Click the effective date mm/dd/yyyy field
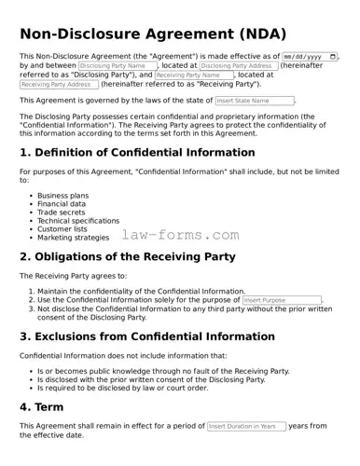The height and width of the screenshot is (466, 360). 303,57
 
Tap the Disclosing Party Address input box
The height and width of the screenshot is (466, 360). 238,66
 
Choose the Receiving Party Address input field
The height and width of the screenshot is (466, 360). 59,85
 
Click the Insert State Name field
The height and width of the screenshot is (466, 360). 254,101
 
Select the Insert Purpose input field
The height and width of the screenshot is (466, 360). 282,300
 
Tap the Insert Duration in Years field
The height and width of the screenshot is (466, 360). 246,426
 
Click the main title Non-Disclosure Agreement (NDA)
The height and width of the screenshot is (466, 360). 148,34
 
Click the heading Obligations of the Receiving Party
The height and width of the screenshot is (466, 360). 130,256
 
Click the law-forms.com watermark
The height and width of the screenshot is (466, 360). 180,236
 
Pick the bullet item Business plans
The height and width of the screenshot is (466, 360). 62,196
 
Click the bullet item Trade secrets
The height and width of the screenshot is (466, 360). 61,212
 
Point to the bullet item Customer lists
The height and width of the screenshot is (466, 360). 62,229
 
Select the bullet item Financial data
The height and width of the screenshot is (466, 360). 62,204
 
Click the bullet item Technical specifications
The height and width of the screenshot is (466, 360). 78,221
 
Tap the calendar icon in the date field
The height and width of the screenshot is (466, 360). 333,57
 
